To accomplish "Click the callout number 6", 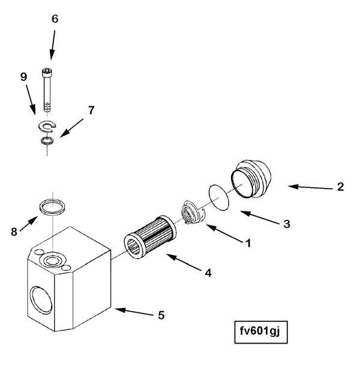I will click(x=55, y=19).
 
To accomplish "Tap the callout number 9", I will click(x=24, y=77).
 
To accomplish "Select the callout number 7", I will click(x=92, y=110).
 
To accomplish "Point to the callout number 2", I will click(x=340, y=186).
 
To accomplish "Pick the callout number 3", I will click(x=287, y=223).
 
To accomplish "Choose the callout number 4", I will click(x=208, y=272).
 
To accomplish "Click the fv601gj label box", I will click(x=262, y=331).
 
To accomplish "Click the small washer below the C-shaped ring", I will click(x=46, y=141).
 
